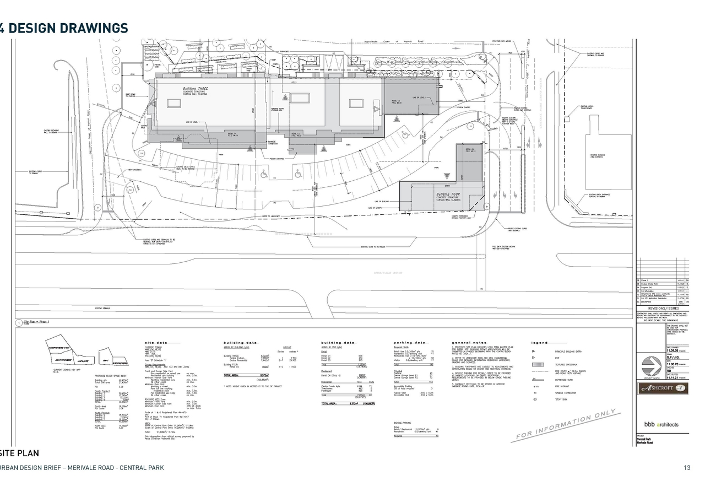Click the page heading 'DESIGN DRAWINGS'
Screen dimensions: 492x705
point(68,28)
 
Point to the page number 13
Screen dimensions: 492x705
point(686,468)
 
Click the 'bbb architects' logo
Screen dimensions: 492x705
point(661,424)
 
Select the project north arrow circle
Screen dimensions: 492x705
point(652,365)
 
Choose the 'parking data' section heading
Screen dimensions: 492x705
point(409,343)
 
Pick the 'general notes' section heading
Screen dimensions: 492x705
point(469,343)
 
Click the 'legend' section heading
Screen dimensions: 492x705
point(539,343)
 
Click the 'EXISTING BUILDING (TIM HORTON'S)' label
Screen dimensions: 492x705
point(598,156)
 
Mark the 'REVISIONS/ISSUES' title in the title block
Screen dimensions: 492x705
point(663,309)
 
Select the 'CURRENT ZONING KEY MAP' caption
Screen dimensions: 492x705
point(66,370)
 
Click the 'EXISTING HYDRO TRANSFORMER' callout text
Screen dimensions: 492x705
point(587,108)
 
